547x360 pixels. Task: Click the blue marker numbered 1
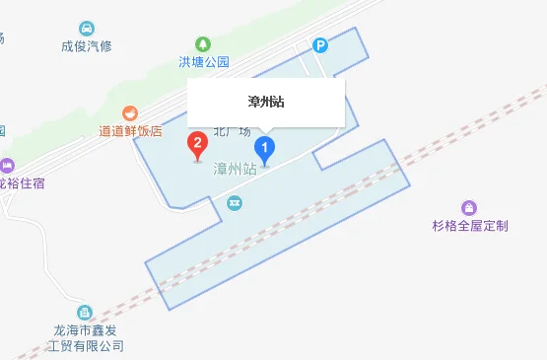(264, 149)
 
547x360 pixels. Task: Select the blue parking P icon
(319, 44)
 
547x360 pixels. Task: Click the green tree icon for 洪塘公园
(203, 43)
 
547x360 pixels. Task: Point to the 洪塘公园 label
(203, 61)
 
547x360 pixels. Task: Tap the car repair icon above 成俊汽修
(88, 28)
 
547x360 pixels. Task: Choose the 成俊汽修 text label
(88, 45)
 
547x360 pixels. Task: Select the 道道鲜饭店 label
(130, 130)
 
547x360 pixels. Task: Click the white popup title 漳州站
(266, 102)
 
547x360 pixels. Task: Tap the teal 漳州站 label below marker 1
(235, 170)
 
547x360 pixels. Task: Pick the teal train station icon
(235, 203)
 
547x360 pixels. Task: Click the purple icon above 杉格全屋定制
(469, 208)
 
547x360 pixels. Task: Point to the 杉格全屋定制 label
(468, 226)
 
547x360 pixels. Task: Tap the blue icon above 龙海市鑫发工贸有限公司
(86, 313)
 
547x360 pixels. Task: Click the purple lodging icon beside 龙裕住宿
(6, 165)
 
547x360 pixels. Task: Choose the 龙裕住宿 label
(22, 182)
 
